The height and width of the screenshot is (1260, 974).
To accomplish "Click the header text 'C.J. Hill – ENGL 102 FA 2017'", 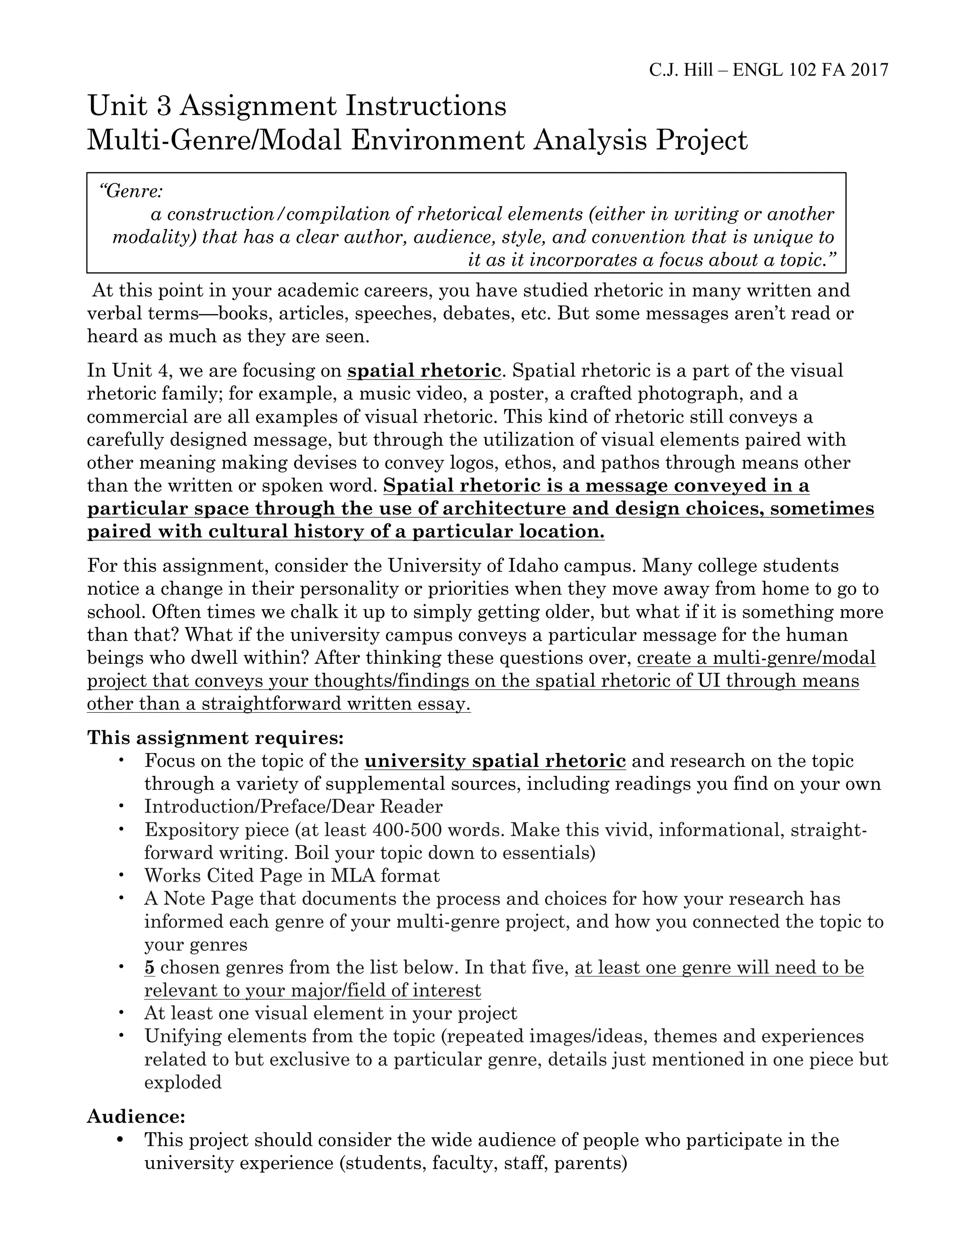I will pyautogui.click(x=768, y=70).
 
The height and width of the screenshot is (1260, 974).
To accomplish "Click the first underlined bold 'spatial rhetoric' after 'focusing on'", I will pyautogui.click(x=424, y=370).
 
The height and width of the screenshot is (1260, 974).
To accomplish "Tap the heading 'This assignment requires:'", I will pyautogui.click(x=215, y=738).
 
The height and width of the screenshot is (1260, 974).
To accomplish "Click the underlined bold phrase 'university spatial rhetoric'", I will pyautogui.click(x=495, y=761).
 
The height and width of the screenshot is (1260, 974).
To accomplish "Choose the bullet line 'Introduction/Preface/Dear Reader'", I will pyautogui.click(x=293, y=806).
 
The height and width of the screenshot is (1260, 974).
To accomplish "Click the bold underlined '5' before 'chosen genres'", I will pyautogui.click(x=149, y=968).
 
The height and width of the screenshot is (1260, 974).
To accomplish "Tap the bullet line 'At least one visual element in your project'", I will pyautogui.click(x=331, y=1014).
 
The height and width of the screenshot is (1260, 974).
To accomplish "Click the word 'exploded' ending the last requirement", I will pyautogui.click(x=183, y=1082).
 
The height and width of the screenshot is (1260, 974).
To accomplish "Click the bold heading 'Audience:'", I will pyautogui.click(x=136, y=1117).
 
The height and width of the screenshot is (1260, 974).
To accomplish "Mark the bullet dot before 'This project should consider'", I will pyautogui.click(x=121, y=1139).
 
